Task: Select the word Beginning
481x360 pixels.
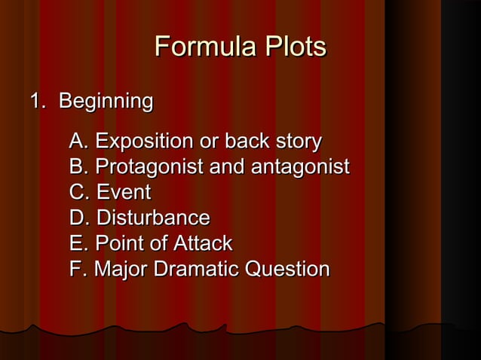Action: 106,100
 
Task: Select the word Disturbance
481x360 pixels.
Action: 151,218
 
